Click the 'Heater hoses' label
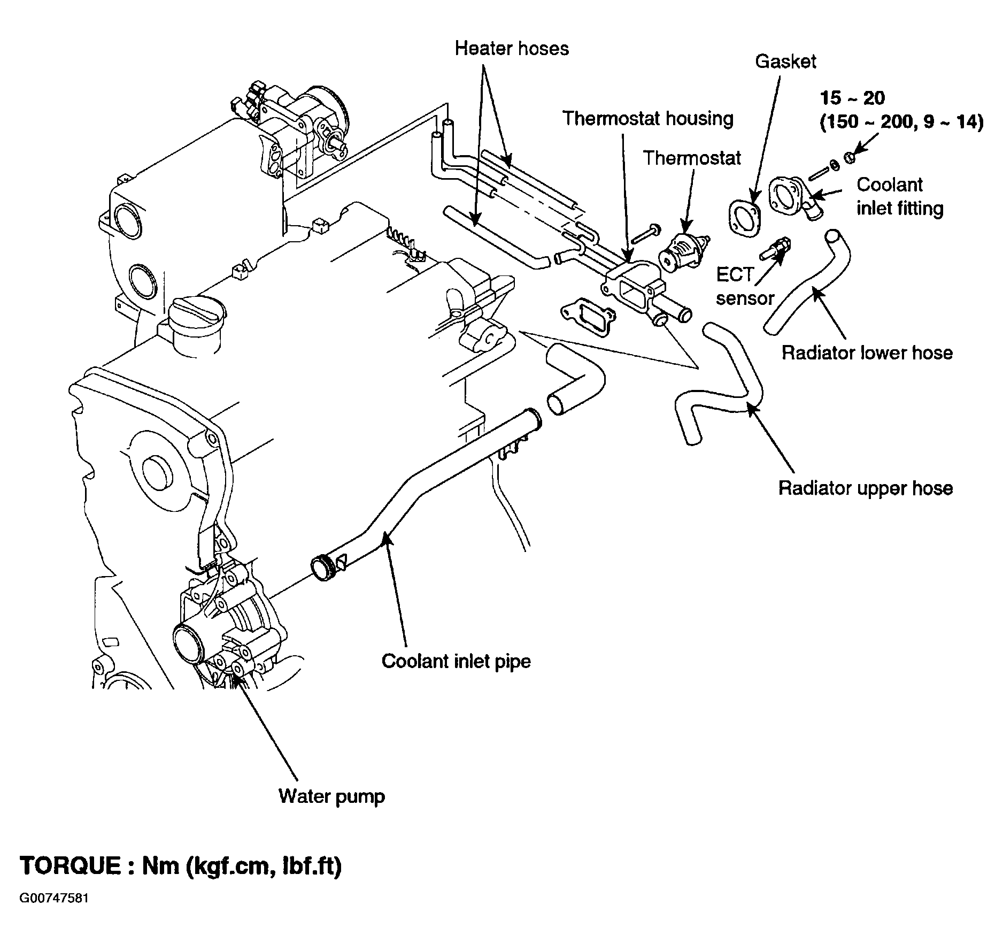(511, 49)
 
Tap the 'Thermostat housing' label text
(647, 118)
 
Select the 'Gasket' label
(785, 62)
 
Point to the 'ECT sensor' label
(745, 287)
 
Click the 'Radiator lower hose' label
(867, 353)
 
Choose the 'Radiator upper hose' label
(865, 488)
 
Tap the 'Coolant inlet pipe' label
(456, 661)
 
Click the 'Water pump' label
(331, 796)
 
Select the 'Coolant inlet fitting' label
(900, 196)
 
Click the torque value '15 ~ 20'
(852, 98)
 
